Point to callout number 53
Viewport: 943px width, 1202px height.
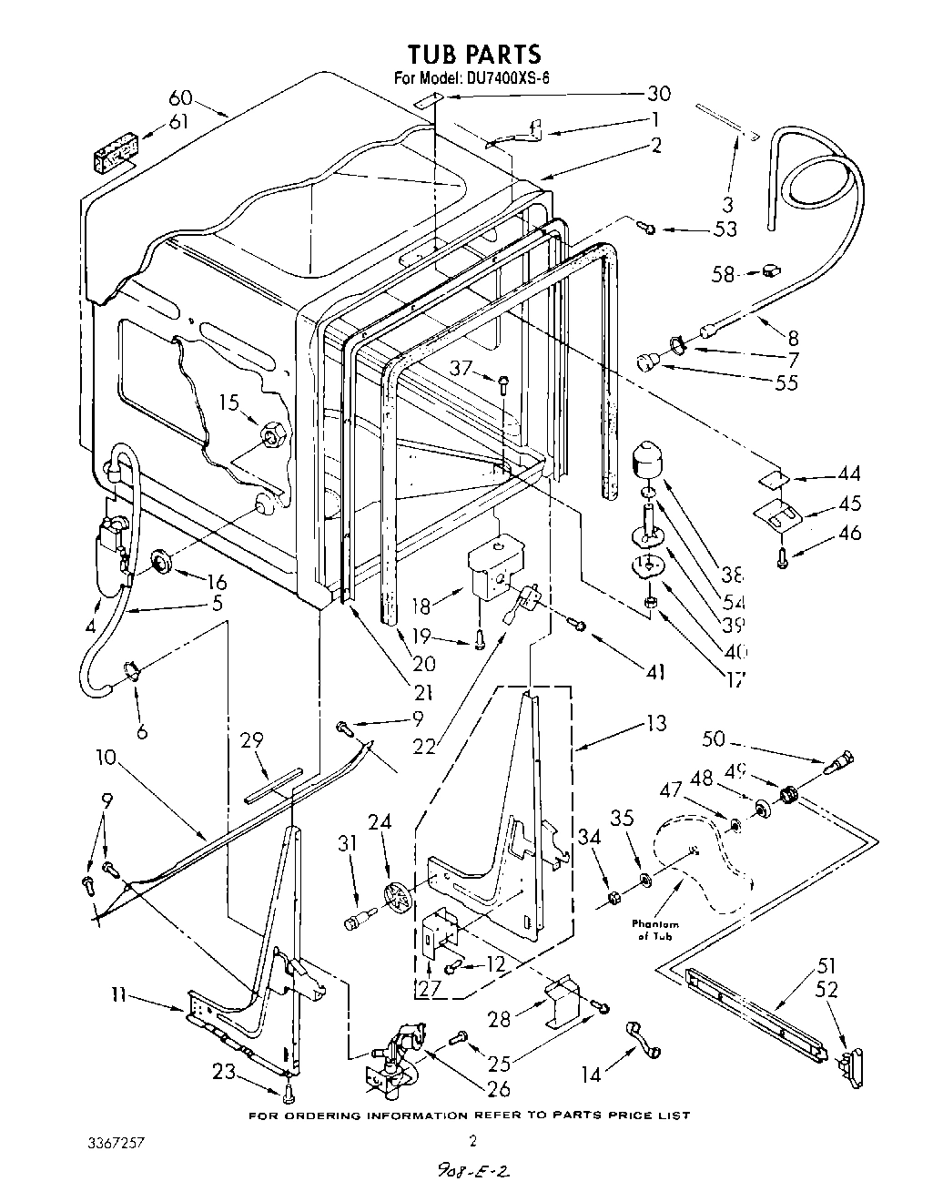click(x=725, y=229)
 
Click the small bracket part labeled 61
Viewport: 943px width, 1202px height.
click(x=117, y=153)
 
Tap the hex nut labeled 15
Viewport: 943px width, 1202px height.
click(x=271, y=435)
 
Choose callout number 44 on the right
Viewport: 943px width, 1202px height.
click(x=848, y=474)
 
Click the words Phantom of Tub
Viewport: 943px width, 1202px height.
click(x=655, y=930)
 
